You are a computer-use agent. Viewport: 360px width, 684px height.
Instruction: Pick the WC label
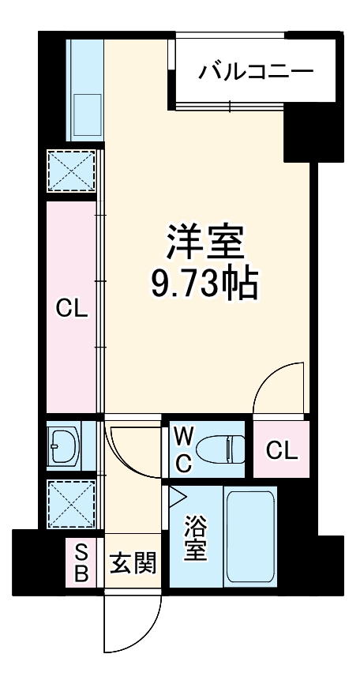click(182, 449)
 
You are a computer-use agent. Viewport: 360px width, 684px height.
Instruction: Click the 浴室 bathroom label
click(196, 538)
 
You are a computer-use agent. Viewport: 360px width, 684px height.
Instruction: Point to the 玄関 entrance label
click(133, 564)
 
